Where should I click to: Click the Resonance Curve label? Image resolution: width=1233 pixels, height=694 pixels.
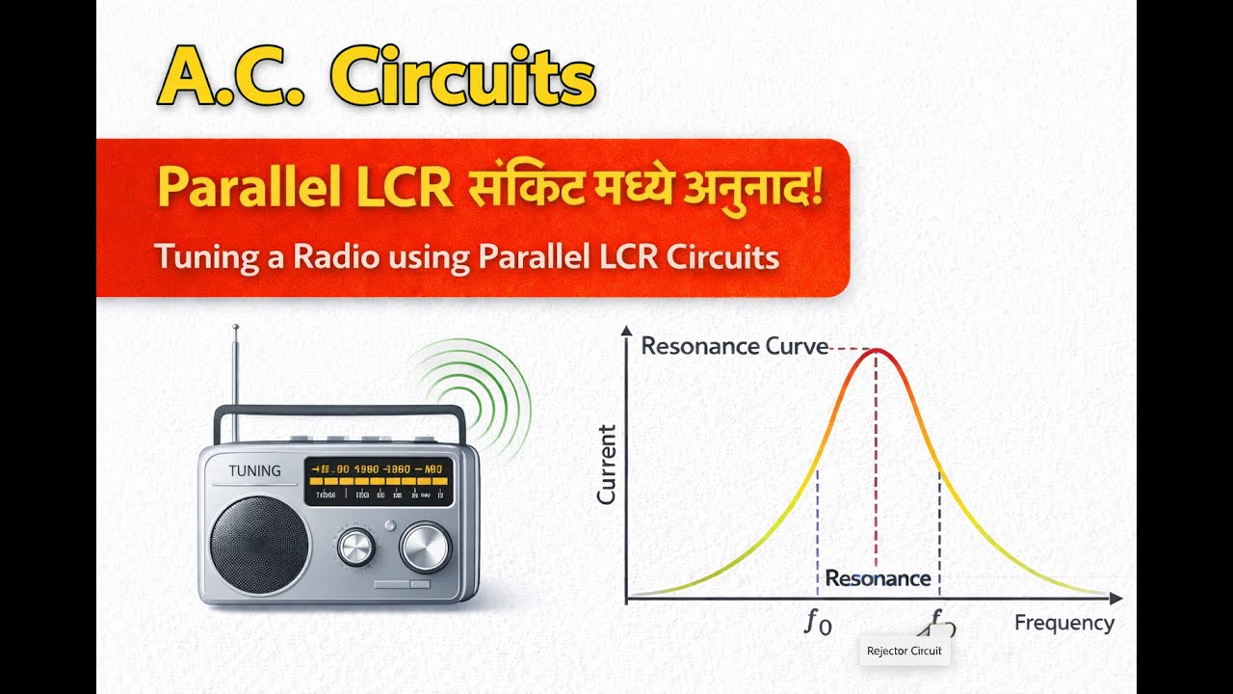(x=734, y=346)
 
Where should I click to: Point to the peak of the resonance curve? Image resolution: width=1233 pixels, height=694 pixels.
(x=876, y=351)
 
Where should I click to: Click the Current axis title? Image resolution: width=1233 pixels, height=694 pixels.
(x=606, y=465)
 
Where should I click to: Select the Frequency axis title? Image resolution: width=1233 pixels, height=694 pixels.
(x=1063, y=623)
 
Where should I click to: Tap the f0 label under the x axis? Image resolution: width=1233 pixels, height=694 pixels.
(x=817, y=623)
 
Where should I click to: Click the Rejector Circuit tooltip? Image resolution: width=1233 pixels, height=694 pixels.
(x=904, y=651)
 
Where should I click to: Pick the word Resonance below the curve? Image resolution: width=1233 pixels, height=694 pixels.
(x=878, y=578)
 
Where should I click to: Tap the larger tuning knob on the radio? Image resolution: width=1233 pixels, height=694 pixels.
(x=425, y=547)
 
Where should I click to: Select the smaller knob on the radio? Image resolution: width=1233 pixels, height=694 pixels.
(x=354, y=547)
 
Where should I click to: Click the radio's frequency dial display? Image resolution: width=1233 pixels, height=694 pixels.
(x=379, y=481)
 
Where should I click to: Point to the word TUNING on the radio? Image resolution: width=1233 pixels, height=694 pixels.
(x=255, y=471)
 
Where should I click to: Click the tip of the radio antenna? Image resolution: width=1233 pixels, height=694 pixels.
(x=235, y=329)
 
